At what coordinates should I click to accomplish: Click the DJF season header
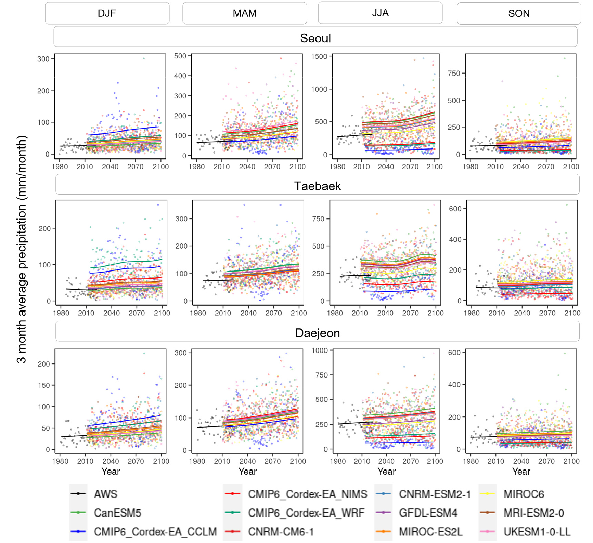pos(107,13)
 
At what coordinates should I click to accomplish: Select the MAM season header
pos(244,13)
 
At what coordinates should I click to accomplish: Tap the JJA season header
pos(380,13)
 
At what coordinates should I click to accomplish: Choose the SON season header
pos(519,13)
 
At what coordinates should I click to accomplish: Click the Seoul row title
pos(315,38)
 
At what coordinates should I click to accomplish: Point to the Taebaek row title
pos(317,186)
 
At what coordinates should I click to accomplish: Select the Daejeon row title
pos(317,333)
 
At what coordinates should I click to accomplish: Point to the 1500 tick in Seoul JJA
pos(319,56)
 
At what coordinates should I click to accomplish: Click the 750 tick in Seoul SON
pos(454,73)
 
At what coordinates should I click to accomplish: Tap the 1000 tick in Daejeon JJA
pos(320,350)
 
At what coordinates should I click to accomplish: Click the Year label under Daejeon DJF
pos(111,471)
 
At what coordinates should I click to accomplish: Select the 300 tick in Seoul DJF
pos(43,59)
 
